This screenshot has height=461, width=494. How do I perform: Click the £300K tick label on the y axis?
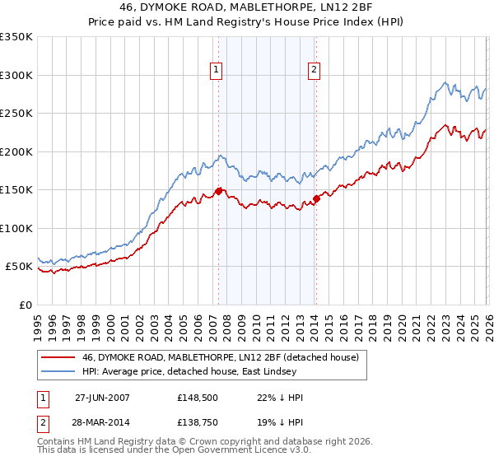pyautogui.click(x=16, y=75)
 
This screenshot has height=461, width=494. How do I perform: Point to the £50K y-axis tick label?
pyautogui.click(x=19, y=267)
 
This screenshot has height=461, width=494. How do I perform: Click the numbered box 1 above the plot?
pyautogui.click(x=216, y=71)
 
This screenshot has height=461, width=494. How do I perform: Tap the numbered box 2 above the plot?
pyautogui.click(x=315, y=71)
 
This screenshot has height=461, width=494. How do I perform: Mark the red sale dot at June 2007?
pyautogui.click(x=218, y=191)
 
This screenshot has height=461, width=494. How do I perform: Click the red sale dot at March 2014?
pyautogui.click(x=316, y=198)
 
